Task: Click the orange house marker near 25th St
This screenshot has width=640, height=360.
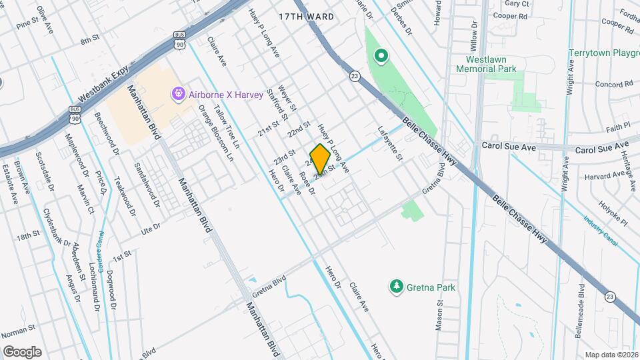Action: [320, 159]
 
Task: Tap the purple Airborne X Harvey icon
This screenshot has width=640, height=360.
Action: [178, 95]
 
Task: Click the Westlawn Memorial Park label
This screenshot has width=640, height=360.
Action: [486, 63]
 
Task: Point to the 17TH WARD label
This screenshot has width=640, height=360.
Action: [305, 15]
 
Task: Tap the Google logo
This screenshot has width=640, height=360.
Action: [22, 351]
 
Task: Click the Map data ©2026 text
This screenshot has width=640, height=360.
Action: [611, 355]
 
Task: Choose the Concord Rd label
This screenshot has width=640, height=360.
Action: [613, 85]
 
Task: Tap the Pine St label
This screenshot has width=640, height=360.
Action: [29, 24]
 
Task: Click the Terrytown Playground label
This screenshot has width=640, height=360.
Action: [604, 53]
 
